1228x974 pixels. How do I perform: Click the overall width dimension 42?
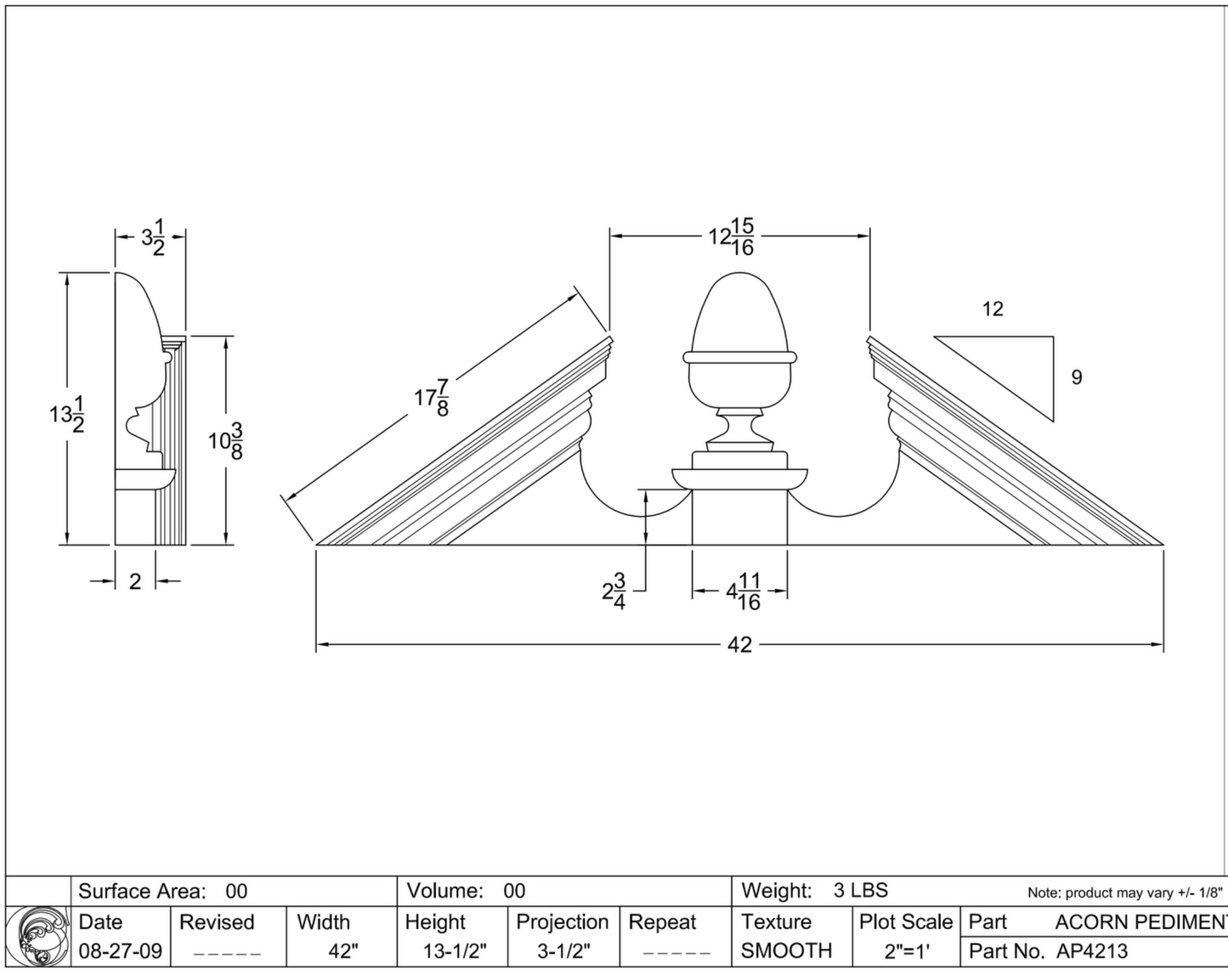click(739, 645)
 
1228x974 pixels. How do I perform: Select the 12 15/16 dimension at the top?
click(732, 236)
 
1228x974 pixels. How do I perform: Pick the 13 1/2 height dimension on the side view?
click(66, 414)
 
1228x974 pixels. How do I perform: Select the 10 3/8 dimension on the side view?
click(226, 440)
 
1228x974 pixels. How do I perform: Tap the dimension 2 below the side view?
click(135, 581)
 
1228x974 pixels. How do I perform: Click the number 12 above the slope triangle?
click(993, 309)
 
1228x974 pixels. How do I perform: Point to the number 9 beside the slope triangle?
click(1077, 377)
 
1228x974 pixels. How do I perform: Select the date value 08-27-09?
click(120, 950)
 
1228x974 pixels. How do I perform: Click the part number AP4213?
click(1092, 951)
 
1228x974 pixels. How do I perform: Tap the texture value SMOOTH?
click(786, 950)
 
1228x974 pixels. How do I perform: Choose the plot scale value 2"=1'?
click(905, 951)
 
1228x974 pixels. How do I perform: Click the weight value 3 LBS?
click(860, 891)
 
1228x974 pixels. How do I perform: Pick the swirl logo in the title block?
click(38, 936)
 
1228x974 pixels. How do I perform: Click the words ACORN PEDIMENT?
click(1140, 922)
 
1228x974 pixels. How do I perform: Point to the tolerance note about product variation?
click(1123, 892)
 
